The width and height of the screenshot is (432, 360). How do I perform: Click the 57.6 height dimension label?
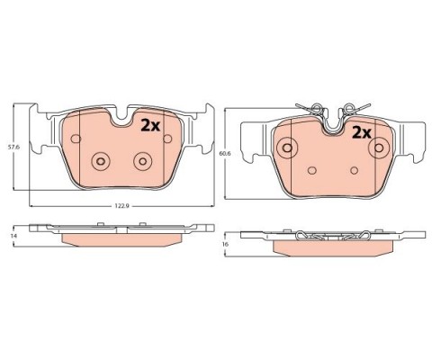[x=13, y=148]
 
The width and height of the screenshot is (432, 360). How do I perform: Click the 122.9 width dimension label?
[x=121, y=206]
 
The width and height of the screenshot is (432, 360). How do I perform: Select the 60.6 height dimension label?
[x=224, y=153]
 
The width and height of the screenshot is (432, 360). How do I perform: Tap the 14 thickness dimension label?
[x=13, y=236]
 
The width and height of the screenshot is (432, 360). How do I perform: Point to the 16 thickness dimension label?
[x=225, y=244]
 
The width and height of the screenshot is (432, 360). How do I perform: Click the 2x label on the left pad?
[x=150, y=126]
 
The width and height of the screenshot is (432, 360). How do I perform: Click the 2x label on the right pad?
[x=362, y=132]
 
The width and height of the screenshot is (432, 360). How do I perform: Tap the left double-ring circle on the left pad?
[x=101, y=161]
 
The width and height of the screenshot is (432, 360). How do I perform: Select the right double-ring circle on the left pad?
[x=143, y=161]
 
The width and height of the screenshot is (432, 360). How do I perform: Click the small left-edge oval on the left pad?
[x=76, y=139]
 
